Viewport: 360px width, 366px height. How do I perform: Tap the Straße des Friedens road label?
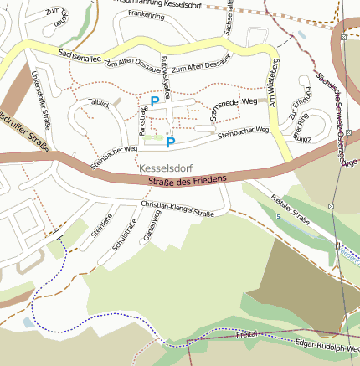click(188, 180)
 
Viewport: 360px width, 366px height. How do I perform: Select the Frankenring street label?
click(146, 15)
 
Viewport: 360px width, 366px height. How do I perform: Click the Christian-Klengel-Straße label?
click(177, 209)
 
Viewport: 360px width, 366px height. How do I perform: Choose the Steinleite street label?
click(101, 228)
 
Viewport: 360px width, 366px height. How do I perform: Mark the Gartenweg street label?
click(153, 225)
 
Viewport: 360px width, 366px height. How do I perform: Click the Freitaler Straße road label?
click(291, 211)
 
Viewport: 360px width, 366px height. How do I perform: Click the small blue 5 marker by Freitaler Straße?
click(279, 216)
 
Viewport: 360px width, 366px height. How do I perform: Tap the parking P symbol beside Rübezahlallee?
click(154, 101)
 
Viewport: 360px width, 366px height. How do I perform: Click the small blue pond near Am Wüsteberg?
click(302, 36)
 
